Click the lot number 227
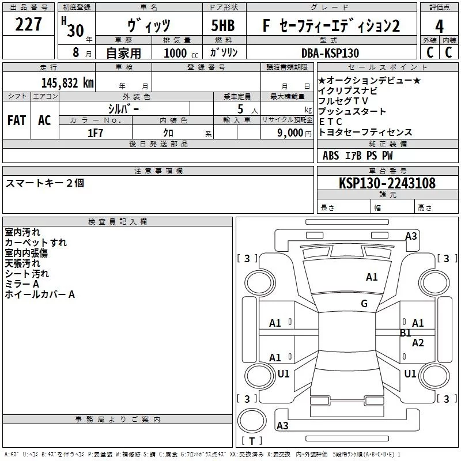click(28, 24)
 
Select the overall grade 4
click(439, 27)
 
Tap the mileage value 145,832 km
click(67, 82)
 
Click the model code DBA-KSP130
click(330, 53)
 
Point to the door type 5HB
click(223, 25)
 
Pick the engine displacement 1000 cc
click(181, 53)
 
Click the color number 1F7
click(95, 133)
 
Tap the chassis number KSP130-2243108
click(387, 183)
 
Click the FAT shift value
click(17, 120)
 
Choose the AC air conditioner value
click(44, 120)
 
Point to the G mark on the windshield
click(364, 303)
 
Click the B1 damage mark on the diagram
click(406, 333)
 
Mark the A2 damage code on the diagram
click(418, 342)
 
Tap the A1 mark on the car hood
click(372, 277)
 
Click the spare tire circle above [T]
click(252, 421)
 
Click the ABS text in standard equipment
click(331, 156)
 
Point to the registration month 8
click(76, 52)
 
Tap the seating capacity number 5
click(240, 109)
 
